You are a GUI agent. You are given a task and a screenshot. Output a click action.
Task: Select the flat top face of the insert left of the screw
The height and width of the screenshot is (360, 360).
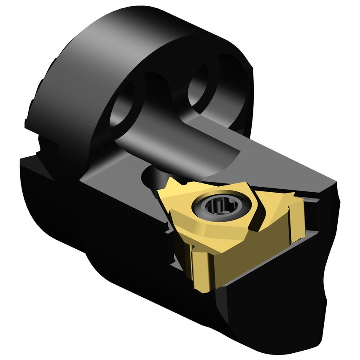(179, 202)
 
